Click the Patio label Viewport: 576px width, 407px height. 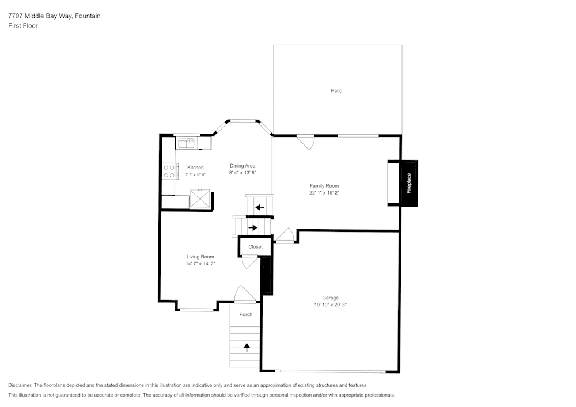point(336,91)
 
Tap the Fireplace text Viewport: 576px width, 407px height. point(409,183)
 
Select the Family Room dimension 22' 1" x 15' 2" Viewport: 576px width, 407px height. point(324,193)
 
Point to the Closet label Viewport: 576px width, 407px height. point(255,247)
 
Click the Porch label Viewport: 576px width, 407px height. point(245,314)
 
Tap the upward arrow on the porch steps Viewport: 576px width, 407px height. point(247,347)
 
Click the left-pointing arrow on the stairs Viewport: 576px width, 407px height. point(260,207)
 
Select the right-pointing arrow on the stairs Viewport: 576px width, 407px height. point(252,228)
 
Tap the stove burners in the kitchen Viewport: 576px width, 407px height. point(169,171)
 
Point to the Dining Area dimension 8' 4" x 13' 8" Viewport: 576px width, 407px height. point(242,173)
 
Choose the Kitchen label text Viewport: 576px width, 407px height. point(195,168)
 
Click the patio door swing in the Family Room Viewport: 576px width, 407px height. point(306,142)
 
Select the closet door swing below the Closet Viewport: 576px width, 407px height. point(249,262)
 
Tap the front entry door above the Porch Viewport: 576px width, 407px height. point(245,294)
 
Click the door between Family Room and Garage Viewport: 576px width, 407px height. point(286,235)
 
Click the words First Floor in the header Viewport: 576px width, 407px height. point(23,26)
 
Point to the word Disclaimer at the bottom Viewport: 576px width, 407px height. point(20,385)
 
